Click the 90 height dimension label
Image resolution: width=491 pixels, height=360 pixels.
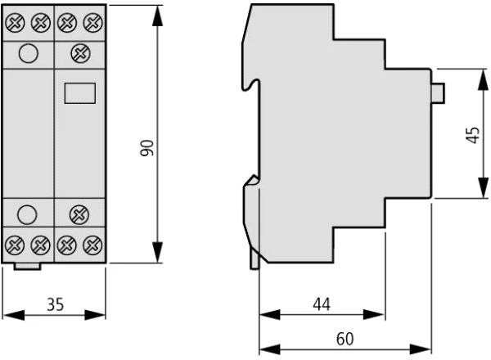(x=146, y=148)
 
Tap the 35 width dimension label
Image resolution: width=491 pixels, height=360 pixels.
(x=56, y=304)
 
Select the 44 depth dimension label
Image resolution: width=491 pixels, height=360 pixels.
(x=322, y=304)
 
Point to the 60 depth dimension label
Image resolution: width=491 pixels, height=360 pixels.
(x=345, y=339)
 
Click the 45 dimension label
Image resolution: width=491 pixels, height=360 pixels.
(x=473, y=135)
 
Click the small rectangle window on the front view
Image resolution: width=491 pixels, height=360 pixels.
(x=80, y=93)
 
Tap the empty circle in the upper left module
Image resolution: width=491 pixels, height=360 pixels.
(x=29, y=53)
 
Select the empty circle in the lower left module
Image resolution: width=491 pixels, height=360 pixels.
(x=27, y=214)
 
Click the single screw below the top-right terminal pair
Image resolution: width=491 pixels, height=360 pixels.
(x=81, y=53)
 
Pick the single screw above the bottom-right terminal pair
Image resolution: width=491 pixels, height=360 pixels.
(x=79, y=214)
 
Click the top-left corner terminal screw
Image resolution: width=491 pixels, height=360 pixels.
(x=15, y=23)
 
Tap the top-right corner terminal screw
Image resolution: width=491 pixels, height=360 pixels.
(x=93, y=23)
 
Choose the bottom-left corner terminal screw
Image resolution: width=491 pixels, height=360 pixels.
(x=15, y=245)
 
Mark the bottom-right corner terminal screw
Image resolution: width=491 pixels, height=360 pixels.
(x=92, y=245)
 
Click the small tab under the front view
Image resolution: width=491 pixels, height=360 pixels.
(x=27, y=266)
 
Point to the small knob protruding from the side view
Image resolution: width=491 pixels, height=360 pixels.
(x=438, y=93)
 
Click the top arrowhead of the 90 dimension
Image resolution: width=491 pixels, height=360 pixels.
(x=157, y=16)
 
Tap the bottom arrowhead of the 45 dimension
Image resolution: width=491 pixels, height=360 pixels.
(x=483, y=187)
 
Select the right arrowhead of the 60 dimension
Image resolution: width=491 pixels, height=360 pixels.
(x=421, y=349)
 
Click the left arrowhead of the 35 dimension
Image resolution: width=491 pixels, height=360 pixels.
(x=13, y=315)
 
